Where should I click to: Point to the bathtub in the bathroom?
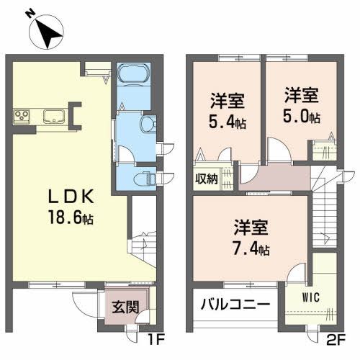click(x=132, y=76)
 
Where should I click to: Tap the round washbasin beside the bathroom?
click(x=147, y=124)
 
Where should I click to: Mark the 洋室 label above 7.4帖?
click(x=251, y=230)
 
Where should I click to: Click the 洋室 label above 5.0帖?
click(x=302, y=95)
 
